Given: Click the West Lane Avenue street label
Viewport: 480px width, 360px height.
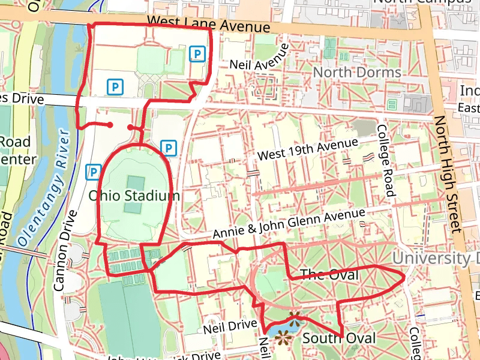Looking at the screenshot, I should point(208,25).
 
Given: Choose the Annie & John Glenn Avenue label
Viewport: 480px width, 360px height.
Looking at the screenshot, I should point(289,224).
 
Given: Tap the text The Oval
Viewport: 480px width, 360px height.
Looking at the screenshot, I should point(329,275).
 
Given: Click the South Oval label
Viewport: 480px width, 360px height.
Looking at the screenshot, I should point(339,338).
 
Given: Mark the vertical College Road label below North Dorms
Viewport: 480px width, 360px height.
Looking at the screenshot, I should point(385,161).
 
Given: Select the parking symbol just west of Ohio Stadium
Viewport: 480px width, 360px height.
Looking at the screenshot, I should point(93,172).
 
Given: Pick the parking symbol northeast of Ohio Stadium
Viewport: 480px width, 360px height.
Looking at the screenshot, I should point(169,148).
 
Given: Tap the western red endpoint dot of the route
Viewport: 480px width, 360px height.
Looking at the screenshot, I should point(110,125).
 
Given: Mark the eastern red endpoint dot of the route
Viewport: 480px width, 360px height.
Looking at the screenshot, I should point(130,127).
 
